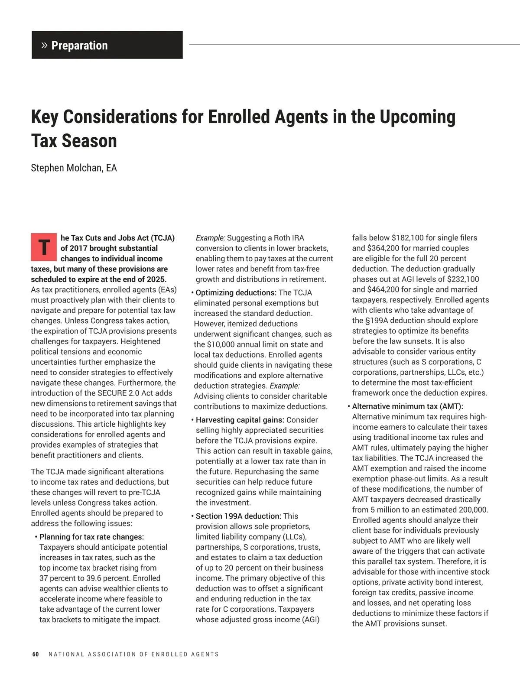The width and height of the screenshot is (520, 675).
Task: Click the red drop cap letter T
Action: (x=44, y=247)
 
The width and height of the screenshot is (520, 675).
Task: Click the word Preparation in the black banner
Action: (x=79, y=45)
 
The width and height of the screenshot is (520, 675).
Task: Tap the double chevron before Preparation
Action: (x=44, y=45)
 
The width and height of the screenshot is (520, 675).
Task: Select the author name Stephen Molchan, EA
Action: (x=74, y=168)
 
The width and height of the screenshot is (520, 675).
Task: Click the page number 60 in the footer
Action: (x=36, y=654)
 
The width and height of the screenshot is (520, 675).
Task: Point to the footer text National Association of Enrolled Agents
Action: (x=133, y=654)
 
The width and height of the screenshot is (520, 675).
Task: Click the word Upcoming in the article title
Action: (x=417, y=117)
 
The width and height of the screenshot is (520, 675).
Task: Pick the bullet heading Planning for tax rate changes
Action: (x=91, y=537)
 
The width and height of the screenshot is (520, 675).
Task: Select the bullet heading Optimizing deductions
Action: (x=236, y=293)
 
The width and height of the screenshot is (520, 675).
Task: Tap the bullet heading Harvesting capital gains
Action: (x=240, y=420)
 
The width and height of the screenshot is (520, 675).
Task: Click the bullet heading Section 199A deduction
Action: (x=238, y=516)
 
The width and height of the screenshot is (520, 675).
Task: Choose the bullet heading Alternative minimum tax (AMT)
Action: (x=407, y=406)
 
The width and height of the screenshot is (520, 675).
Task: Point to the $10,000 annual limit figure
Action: (x=224, y=344)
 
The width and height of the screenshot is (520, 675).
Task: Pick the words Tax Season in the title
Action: (x=74, y=141)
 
